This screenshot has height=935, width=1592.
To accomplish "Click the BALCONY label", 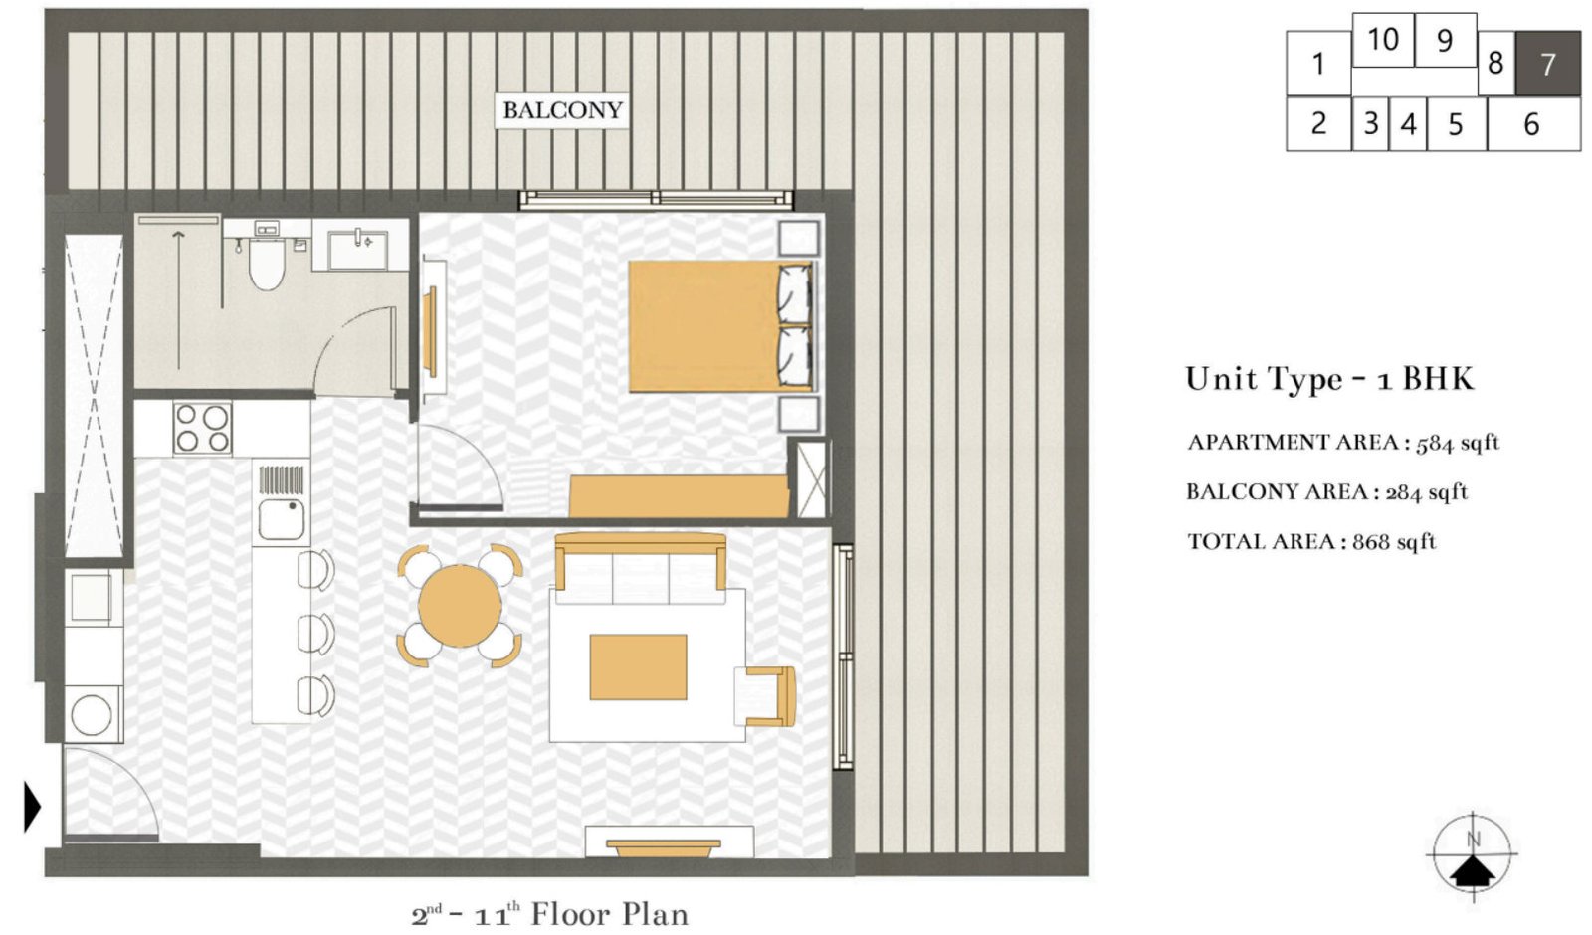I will tap(561, 110).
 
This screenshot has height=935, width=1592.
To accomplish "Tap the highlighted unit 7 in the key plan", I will tap(1547, 64).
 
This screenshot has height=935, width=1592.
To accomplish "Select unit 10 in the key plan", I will tap(1382, 40).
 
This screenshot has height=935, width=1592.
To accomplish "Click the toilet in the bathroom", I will tap(266, 264).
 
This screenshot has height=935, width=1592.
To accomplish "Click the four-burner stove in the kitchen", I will tap(202, 428).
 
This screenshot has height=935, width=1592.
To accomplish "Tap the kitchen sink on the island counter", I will tap(280, 518).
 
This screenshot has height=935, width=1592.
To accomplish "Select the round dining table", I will tap(460, 606).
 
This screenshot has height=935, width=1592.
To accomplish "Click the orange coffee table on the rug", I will tap(638, 666).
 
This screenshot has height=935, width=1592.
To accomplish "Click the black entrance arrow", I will tap(32, 806).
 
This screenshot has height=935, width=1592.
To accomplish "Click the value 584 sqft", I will tap(1457, 443).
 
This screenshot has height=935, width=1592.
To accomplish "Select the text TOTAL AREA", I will tap(1260, 542).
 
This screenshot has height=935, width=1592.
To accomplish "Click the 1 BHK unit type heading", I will tap(1328, 379).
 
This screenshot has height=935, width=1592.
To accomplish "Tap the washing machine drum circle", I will tap(92, 715).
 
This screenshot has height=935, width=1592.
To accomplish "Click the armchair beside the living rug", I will tap(768, 695).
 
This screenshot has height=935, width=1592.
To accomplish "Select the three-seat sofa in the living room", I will tap(640, 569).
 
